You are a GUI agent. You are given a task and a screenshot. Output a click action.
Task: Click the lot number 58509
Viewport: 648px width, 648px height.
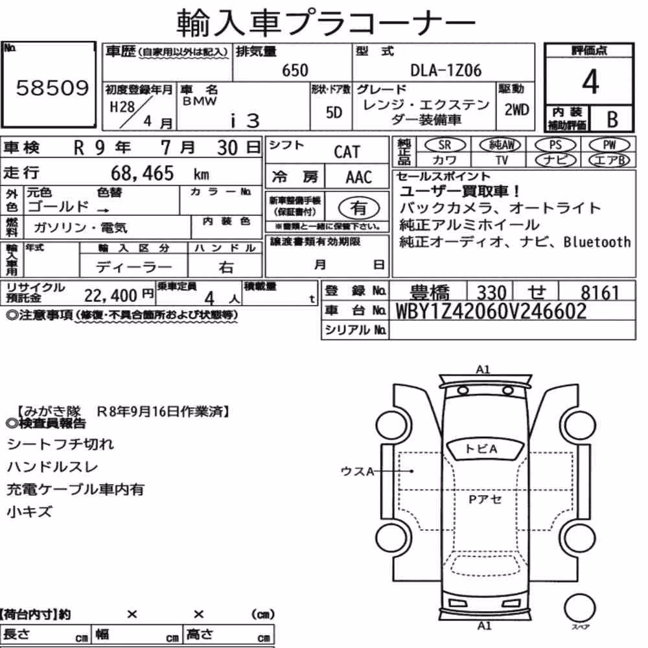point(52,87)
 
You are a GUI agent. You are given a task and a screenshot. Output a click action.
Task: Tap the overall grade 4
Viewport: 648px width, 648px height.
point(590,82)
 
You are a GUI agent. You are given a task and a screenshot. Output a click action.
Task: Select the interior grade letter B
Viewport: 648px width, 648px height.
point(612,119)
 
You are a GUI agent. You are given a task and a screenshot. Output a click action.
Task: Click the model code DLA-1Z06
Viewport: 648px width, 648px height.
point(446,70)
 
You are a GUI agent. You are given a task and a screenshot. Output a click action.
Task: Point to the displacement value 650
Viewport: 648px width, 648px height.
point(295,70)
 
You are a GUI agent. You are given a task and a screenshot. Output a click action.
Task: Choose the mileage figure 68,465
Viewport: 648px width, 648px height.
point(142,173)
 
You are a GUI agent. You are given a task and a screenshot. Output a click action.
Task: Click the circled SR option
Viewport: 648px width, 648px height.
point(445,145)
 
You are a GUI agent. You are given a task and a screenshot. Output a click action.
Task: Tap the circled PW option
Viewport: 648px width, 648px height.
point(609,145)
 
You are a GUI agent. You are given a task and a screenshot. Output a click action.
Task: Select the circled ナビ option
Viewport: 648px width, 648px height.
point(555,160)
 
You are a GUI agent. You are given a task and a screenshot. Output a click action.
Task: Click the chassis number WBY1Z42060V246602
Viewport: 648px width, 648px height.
point(491,311)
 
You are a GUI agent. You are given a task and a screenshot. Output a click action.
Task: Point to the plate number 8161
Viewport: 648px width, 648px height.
point(599,293)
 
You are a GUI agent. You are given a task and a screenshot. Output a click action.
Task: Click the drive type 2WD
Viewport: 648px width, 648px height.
point(516,110)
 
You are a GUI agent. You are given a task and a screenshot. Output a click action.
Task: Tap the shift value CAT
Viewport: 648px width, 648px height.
point(347,152)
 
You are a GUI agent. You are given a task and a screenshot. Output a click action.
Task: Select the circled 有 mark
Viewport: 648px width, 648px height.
point(359,207)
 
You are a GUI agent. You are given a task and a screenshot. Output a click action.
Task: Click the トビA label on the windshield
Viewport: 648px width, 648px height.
point(481,449)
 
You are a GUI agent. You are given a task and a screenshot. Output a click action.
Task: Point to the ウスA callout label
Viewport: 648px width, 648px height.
point(357,470)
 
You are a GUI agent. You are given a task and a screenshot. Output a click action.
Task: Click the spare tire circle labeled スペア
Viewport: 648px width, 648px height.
point(580,608)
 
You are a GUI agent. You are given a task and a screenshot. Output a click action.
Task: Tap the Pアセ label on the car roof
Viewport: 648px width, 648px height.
point(485,499)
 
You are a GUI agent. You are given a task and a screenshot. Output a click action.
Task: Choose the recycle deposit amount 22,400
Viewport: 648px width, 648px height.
point(110,295)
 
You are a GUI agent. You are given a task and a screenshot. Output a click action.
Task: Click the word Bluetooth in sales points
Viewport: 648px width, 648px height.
point(597,242)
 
